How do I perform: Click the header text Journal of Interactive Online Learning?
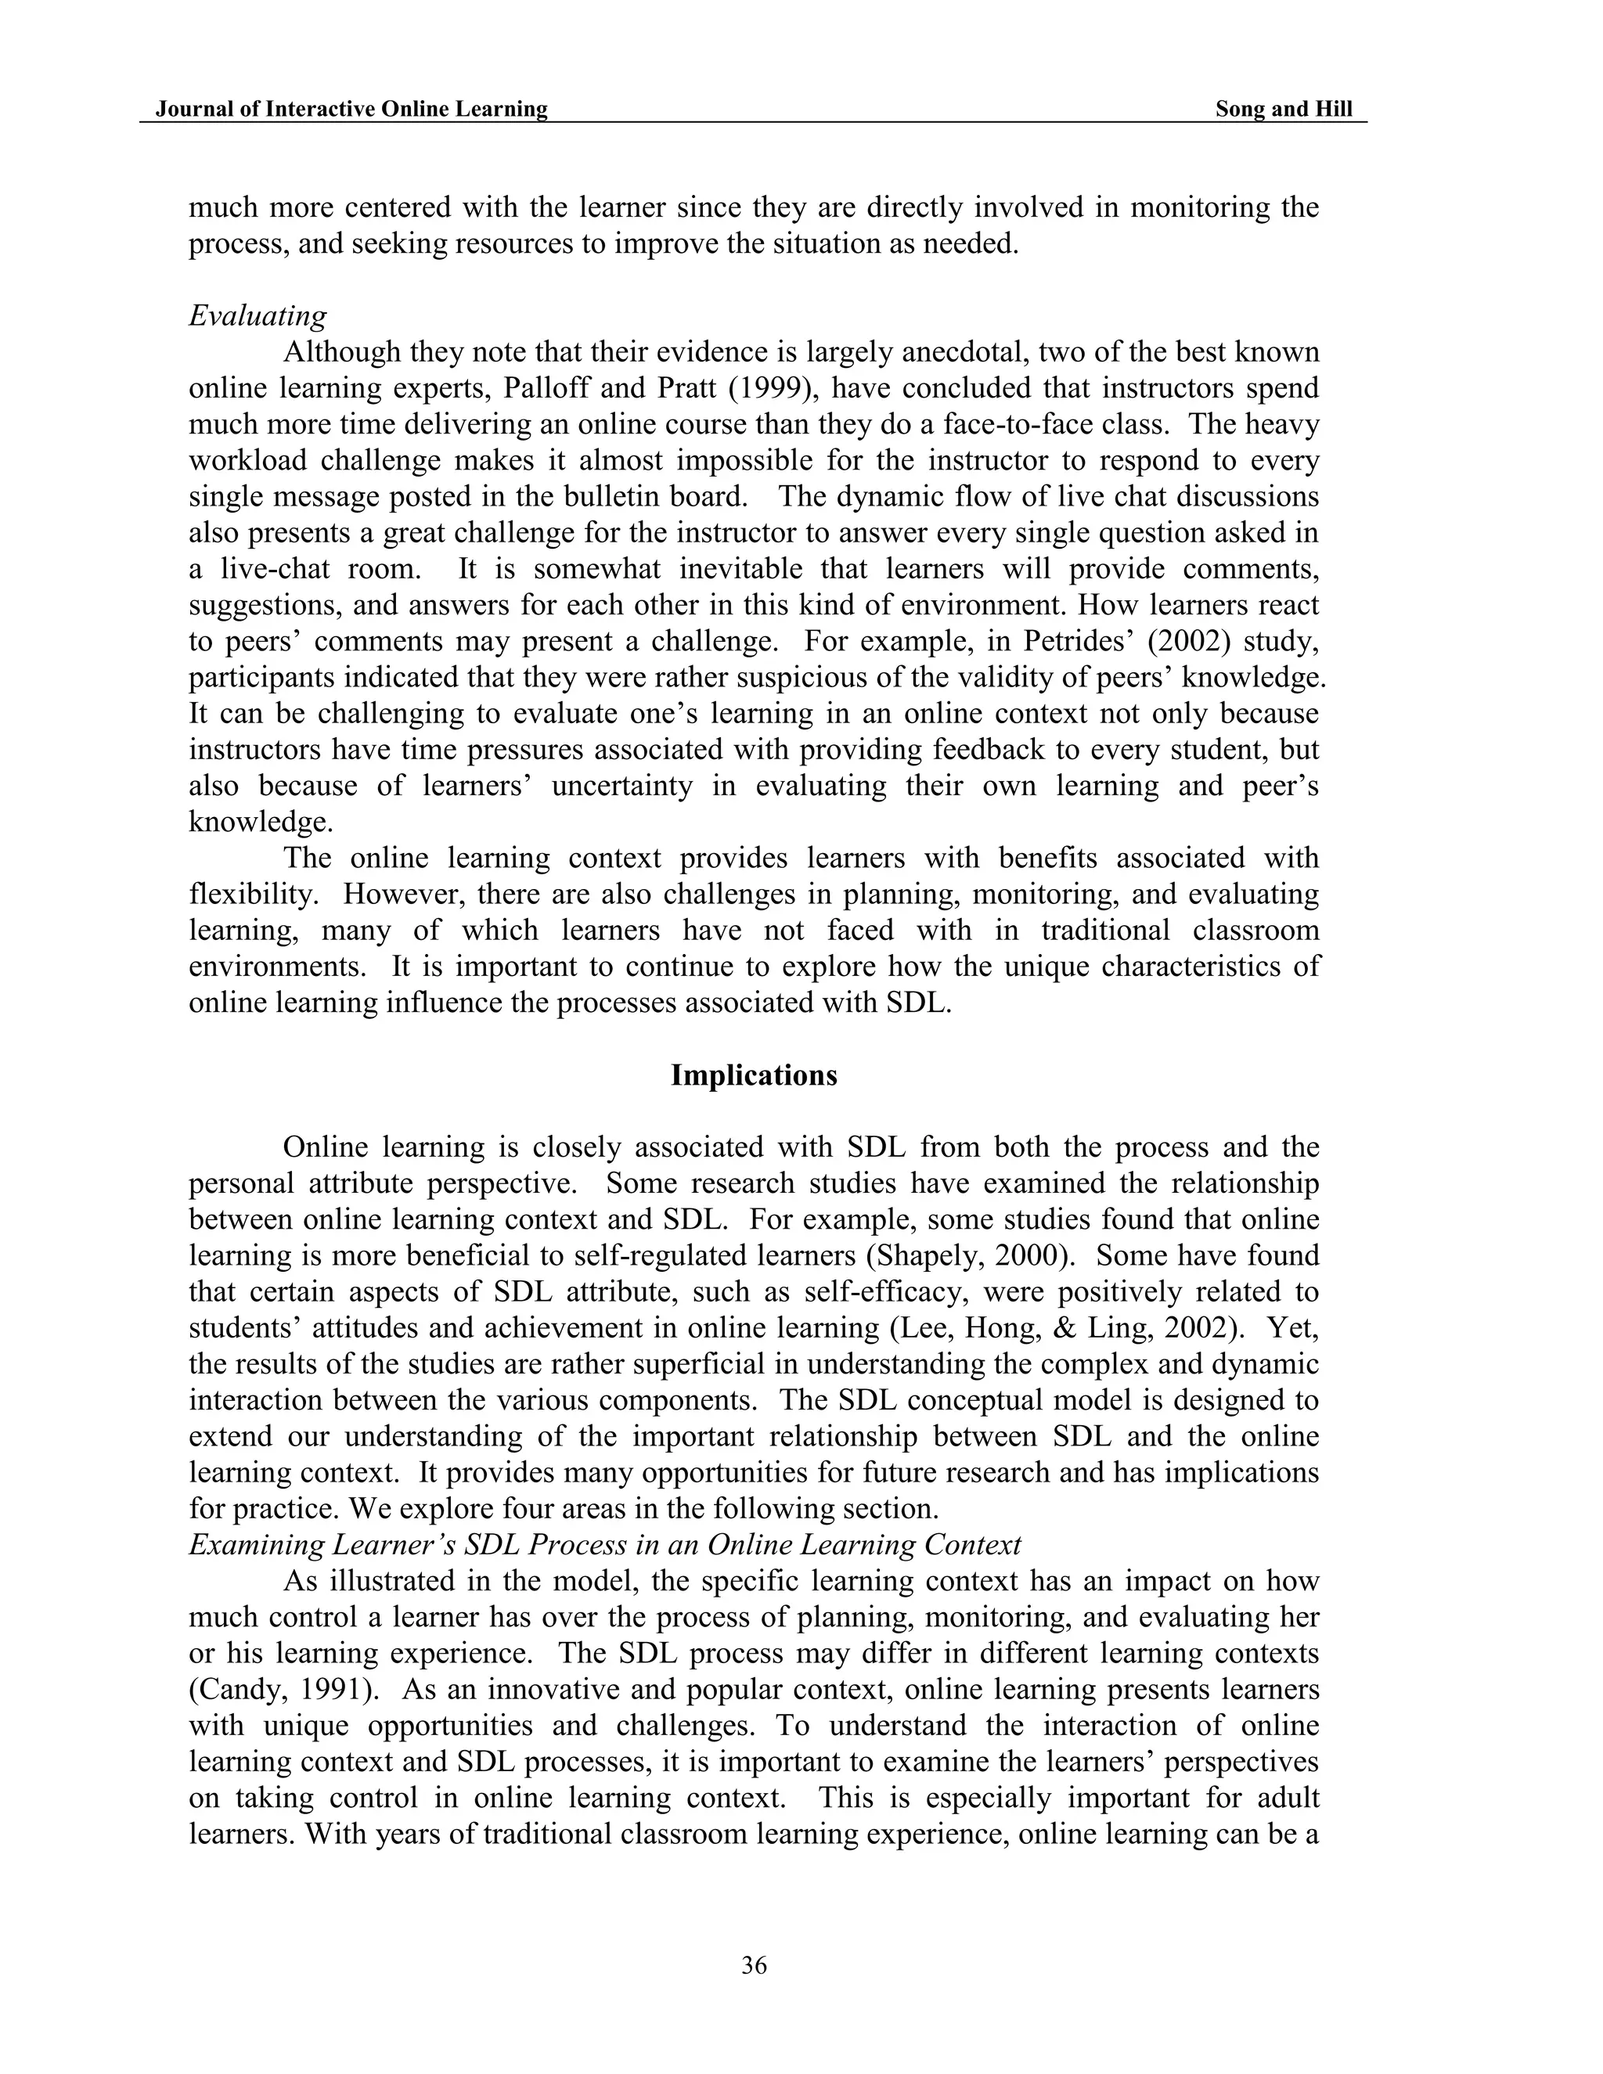(x=351, y=110)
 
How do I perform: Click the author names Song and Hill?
(x=1283, y=110)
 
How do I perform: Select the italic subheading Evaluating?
(x=258, y=315)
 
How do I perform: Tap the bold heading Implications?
(x=753, y=1075)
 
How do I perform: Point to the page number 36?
(x=754, y=1964)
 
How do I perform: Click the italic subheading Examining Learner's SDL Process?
(x=604, y=1545)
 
